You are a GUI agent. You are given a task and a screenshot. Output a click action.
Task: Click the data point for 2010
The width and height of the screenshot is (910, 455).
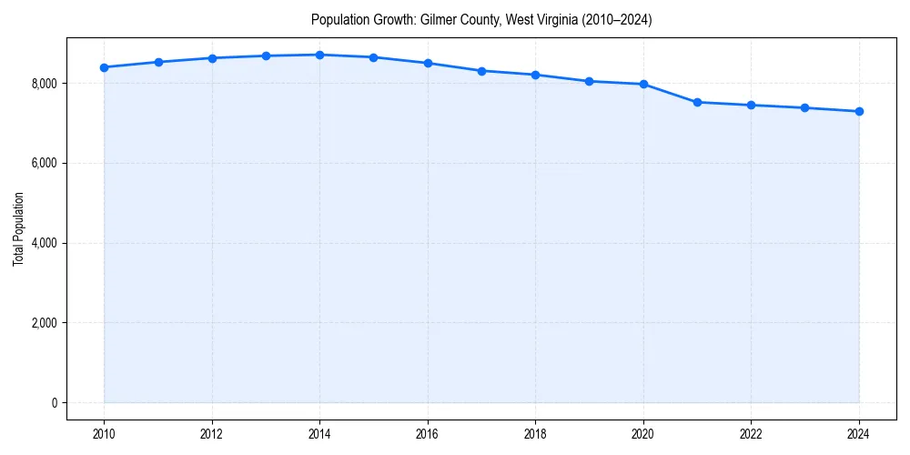[105, 67]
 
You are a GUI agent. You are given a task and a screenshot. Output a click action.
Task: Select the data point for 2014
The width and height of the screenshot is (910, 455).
[320, 55]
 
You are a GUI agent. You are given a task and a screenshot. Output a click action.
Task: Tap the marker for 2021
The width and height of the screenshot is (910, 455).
[698, 102]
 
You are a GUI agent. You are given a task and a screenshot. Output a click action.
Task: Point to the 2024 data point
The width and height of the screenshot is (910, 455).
[859, 111]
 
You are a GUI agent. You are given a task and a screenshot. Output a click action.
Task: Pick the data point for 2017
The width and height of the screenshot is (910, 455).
[482, 71]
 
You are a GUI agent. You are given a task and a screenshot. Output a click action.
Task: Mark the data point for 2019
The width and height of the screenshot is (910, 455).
[590, 81]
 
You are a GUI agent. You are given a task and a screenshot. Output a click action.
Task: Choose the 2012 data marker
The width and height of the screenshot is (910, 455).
[212, 58]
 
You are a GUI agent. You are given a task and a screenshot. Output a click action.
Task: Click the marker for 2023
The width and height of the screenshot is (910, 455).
[805, 108]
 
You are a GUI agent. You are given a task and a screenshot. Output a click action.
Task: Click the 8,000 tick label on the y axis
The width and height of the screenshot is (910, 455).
[42, 84]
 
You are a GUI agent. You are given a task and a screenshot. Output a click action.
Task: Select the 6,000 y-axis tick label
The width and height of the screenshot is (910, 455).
[42, 164]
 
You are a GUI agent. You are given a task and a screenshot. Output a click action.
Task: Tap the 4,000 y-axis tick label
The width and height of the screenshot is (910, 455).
[42, 243]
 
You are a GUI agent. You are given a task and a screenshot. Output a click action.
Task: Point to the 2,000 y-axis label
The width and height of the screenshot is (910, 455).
[42, 323]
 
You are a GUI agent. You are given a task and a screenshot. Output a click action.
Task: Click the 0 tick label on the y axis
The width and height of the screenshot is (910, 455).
[53, 403]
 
